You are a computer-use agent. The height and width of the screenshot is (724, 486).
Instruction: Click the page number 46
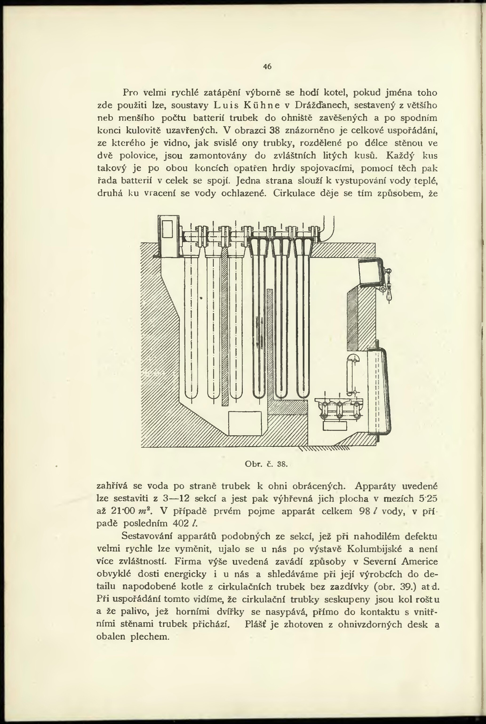pyautogui.click(x=267, y=66)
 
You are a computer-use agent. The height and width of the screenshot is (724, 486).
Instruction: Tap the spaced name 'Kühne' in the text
pyautogui.click(x=262, y=105)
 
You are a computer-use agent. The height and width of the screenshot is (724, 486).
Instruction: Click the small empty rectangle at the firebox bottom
pyautogui.click(x=245, y=423)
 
